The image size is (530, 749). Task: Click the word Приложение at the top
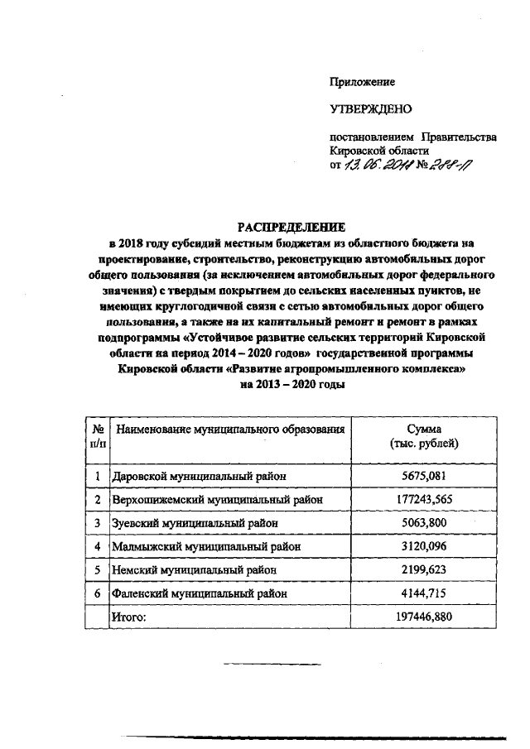point(362,82)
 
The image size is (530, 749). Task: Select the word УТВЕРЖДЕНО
point(371,108)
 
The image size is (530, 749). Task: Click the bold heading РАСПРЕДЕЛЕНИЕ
point(289,227)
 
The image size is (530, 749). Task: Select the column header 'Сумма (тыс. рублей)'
point(425,437)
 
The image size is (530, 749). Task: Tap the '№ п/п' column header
point(97,437)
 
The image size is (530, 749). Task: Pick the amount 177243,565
point(425,499)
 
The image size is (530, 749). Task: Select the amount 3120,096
point(425,546)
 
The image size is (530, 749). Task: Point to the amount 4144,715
point(425,593)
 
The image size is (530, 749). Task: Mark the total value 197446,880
point(425,617)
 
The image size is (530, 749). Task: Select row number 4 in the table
point(97,546)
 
